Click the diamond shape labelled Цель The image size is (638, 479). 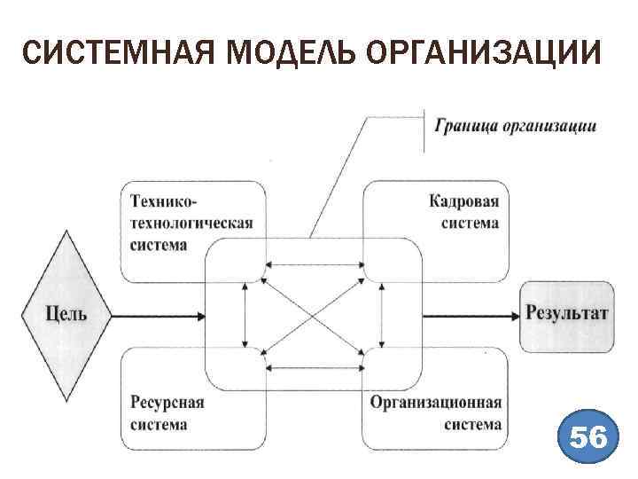(x=66, y=314)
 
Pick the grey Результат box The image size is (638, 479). (x=566, y=314)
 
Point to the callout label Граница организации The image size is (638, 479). (x=515, y=126)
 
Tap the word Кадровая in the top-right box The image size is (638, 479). (x=464, y=200)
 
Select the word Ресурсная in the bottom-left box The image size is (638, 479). (x=167, y=403)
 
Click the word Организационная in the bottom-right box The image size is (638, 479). (x=436, y=403)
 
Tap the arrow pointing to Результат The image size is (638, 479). (x=470, y=315)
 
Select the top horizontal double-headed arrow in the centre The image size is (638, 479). (x=315, y=263)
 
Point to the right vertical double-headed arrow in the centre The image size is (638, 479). (x=382, y=315)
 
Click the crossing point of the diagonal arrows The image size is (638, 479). (x=315, y=315)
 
